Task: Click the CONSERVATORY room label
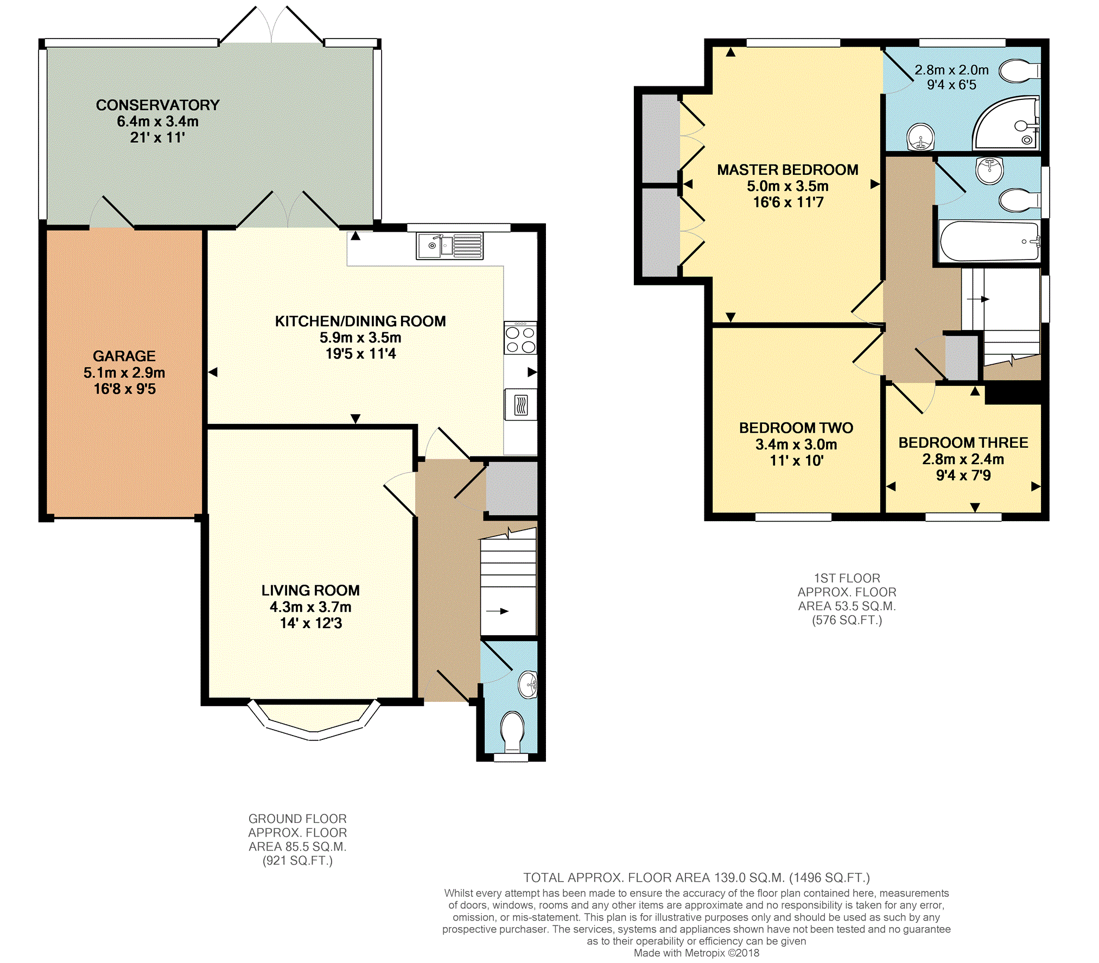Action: [157, 105]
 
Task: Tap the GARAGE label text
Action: [124, 356]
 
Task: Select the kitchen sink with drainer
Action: [449, 246]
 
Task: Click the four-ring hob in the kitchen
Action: [520, 338]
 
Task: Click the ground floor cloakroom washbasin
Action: [528, 685]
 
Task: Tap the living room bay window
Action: [314, 721]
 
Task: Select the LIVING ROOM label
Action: [310, 591]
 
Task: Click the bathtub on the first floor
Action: [989, 241]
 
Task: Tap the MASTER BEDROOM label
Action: [787, 170]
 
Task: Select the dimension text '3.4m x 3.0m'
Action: [796, 445]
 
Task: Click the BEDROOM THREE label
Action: [963, 443]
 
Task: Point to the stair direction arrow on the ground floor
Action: [497, 611]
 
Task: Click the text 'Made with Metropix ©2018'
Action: [696, 953]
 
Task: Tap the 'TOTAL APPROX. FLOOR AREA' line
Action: [696, 878]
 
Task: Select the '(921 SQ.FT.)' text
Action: [297, 860]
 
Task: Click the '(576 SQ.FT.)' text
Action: [847, 620]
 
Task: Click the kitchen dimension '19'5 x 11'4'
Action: [360, 354]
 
